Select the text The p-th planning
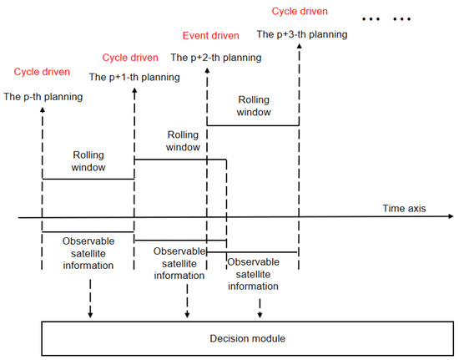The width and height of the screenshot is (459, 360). point(43,97)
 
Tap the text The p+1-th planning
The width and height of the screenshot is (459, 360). point(134,77)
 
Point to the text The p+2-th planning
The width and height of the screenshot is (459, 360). point(215,58)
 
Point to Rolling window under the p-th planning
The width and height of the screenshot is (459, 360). point(87,160)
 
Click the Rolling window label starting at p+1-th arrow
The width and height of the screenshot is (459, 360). point(183,140)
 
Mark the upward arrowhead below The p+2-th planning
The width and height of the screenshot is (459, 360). point(206,71)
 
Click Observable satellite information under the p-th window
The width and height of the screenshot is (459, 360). point(88,253)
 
